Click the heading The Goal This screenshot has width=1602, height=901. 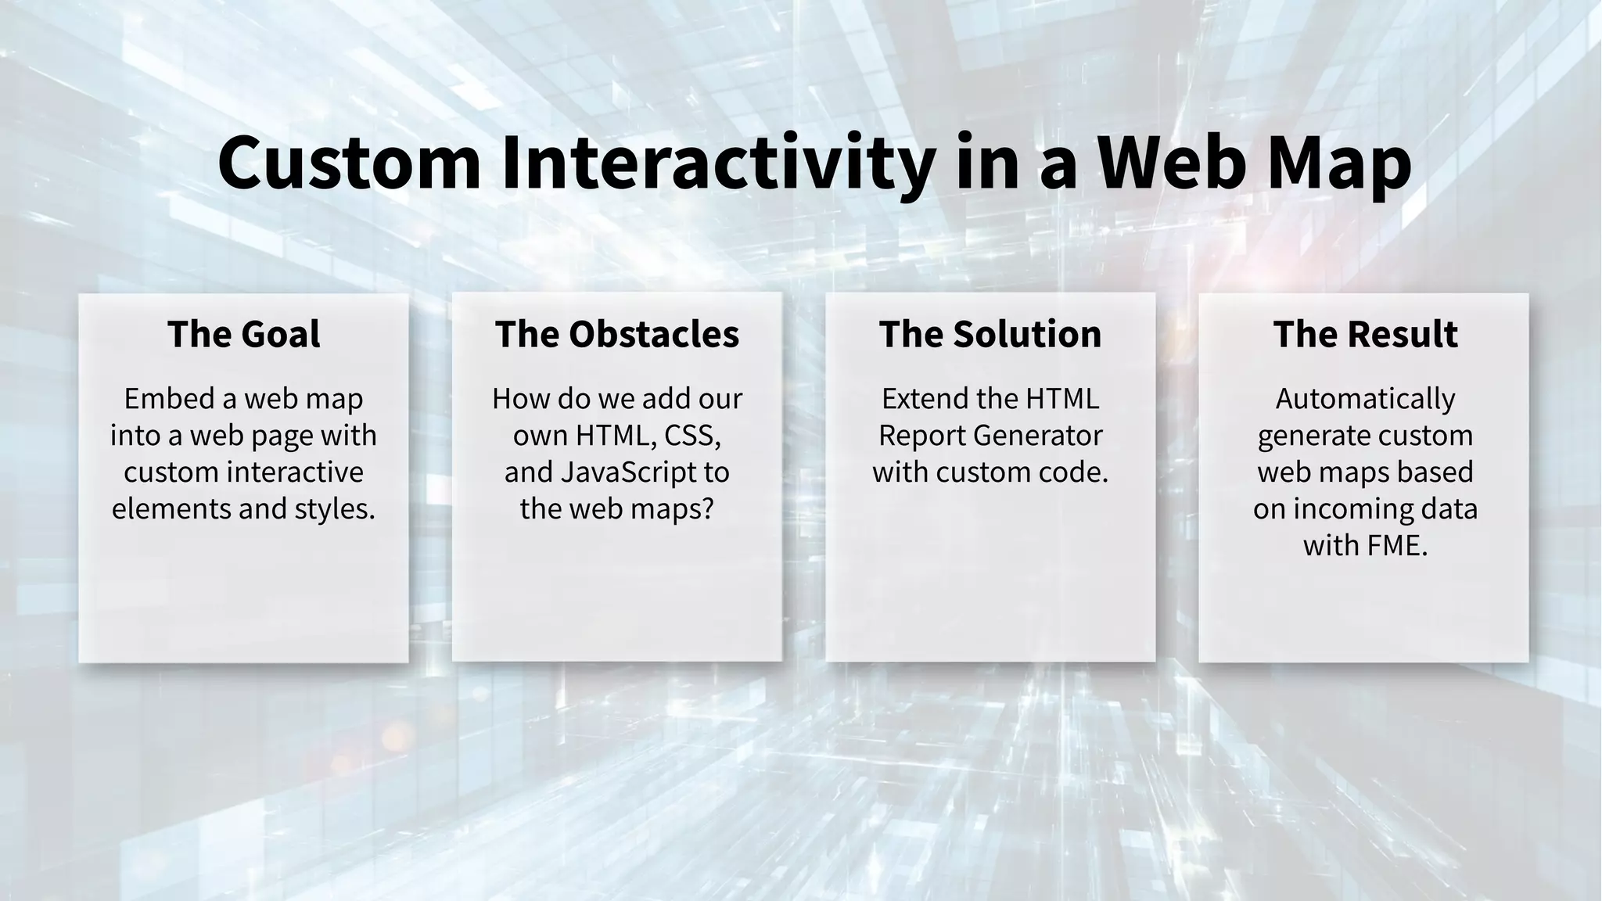pyautogui.click(x=243, y=334)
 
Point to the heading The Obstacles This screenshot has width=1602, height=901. pyautogui.click(x=616, y=334)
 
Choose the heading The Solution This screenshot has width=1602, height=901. pyautogui.click(x=990, y=334)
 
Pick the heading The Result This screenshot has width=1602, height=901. pyautogui.click(x=1365, y=334)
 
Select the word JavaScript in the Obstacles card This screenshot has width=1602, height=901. pyautogui.click(x=628, y=472)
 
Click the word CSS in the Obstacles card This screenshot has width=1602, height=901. pyautogui.click(x=692, y=436)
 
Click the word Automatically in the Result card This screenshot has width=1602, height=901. pyautogui.click(x=1365, y=399)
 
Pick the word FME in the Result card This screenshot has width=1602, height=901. pyautogui.click(x=1396, y=545)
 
